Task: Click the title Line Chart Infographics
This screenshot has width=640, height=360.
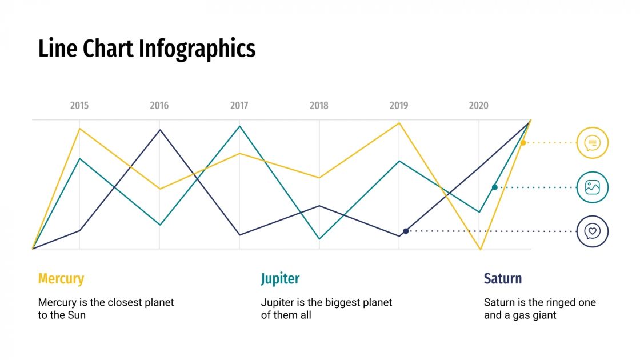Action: [147, 49]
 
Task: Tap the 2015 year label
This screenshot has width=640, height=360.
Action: [79, 106]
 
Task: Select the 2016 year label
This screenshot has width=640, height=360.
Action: [159, 106]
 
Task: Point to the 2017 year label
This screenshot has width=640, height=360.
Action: [239, 106]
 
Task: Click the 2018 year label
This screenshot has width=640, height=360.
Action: [319, 106]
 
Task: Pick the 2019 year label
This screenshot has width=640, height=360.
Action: [399, 106]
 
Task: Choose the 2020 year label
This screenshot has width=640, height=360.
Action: [479, 106]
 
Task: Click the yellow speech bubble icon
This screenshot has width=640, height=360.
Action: [593, 142]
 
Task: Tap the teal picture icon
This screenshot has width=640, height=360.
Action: [593, 187]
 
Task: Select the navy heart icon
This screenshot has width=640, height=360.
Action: [593, 231]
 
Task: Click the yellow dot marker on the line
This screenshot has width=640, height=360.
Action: [523, 142]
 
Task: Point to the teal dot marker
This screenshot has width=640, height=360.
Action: [495, 187]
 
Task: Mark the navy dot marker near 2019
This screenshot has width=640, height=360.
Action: [406, 231]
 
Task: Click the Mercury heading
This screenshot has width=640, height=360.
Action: [61, 279]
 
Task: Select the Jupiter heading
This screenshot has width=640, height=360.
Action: [280, 279]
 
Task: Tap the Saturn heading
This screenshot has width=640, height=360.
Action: [503, 279]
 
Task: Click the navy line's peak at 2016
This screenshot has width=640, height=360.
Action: [159, 130]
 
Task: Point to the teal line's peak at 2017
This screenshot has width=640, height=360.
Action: [239, 126]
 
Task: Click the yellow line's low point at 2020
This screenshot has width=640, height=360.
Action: [480, 249]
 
